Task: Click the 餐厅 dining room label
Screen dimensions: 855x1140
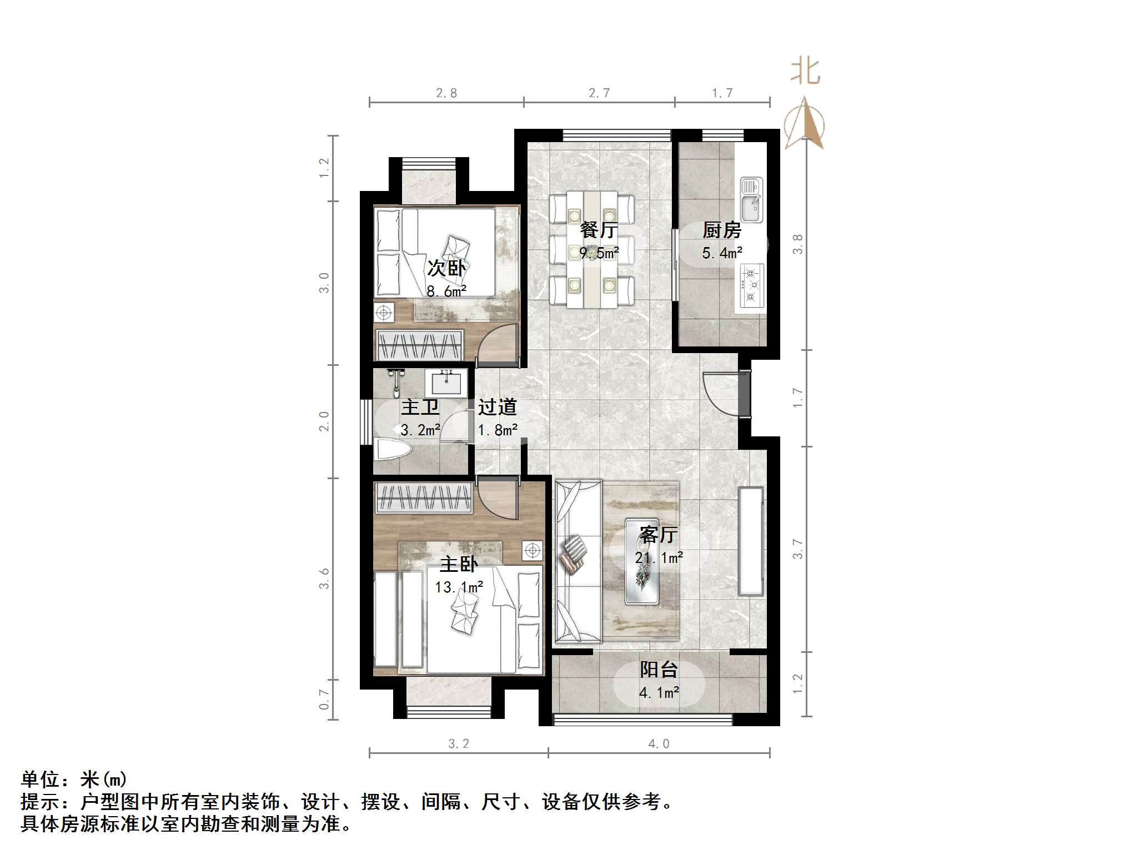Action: pos(599,229)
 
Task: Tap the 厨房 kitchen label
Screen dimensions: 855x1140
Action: pos(722,230)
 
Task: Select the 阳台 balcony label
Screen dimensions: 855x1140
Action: pos(659,670)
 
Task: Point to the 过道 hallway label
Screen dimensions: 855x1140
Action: pos(498,407)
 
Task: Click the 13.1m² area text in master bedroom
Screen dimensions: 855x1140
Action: pos(459,587)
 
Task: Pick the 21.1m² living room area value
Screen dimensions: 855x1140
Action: pos(659,557)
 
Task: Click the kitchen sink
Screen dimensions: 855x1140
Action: pos(751,200)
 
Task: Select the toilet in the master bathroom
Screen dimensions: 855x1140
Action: pos(391,449)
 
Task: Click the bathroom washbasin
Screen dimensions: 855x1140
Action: pos(446,382)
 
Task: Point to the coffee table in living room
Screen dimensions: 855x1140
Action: pos(642,561)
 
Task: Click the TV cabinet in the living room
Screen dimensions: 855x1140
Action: pos(751,541)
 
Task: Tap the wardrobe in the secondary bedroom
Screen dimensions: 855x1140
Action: pos(420,345)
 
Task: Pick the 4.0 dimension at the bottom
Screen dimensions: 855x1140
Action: pos(659,744)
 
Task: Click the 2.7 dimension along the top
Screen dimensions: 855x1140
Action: pos(599,93)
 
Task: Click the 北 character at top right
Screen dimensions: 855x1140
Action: pos(805,72)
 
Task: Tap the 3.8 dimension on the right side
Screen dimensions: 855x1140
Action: pos(798,244)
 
